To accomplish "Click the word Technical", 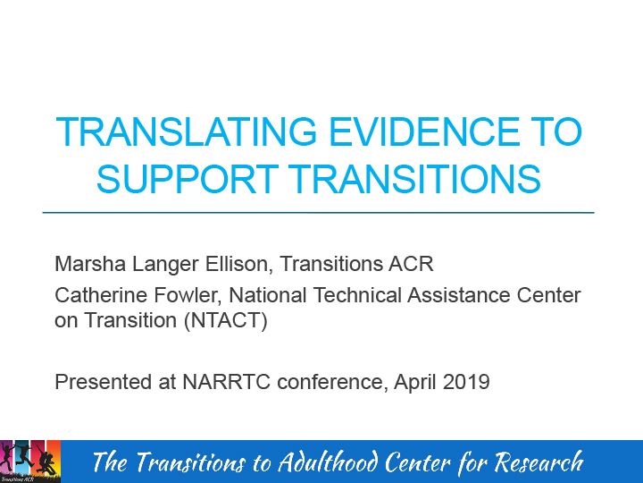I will pyautogui.click(x=346, y=294).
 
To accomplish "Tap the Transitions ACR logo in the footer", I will pyautogui.click(x=30, y=461).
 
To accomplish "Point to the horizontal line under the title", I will pyautogui.click(x=318, y=213).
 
